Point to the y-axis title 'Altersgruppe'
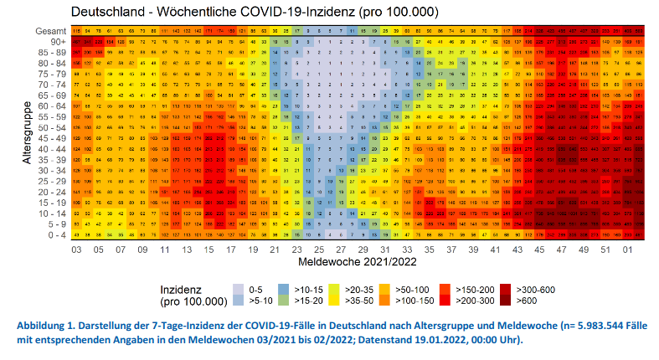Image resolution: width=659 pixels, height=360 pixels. pyautogui.click(x=28, y=133)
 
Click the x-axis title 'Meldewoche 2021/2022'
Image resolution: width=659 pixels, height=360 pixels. pyautogui.click(x=358, y=262)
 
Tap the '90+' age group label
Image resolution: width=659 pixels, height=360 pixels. pyautogui.click(x=58, y=41)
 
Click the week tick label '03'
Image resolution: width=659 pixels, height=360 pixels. pyautogui.click(x=76, y=249)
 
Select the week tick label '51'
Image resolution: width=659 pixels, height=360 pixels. pyautogui.click(x=604, y=249)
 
